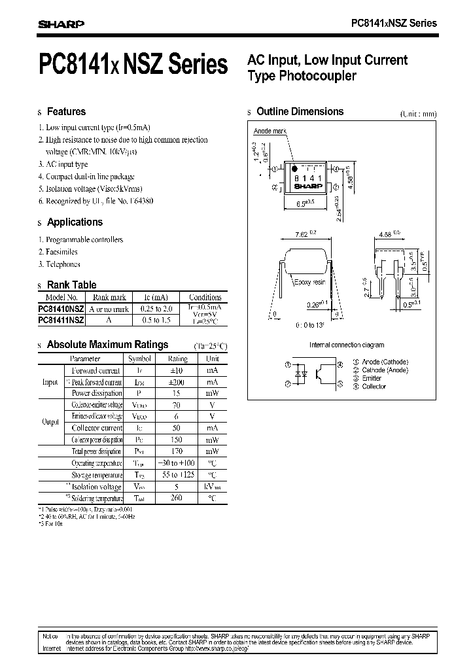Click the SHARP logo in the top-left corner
61,24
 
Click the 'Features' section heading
66,112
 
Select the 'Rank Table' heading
71,285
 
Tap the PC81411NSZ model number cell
61,320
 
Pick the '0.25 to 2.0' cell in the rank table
152,308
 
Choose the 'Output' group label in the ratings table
50,422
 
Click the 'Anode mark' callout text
270,131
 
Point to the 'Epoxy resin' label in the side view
310,282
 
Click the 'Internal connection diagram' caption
347,345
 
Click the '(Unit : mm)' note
418,114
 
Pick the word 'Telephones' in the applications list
63,264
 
